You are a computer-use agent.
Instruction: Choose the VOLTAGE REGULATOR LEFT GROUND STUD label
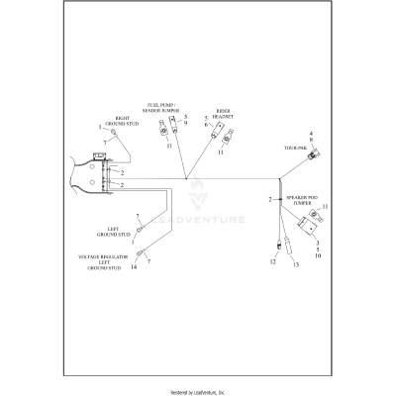(110, 261)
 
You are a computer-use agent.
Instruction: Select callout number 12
(273, 264)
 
